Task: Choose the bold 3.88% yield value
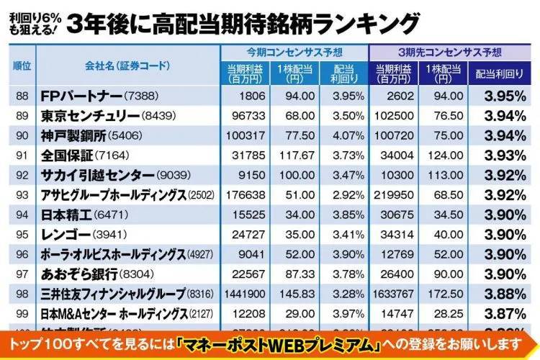pyautogui.click(x=504, y=294)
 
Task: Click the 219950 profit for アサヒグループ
pyautogui.click(x=393, y=195)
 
